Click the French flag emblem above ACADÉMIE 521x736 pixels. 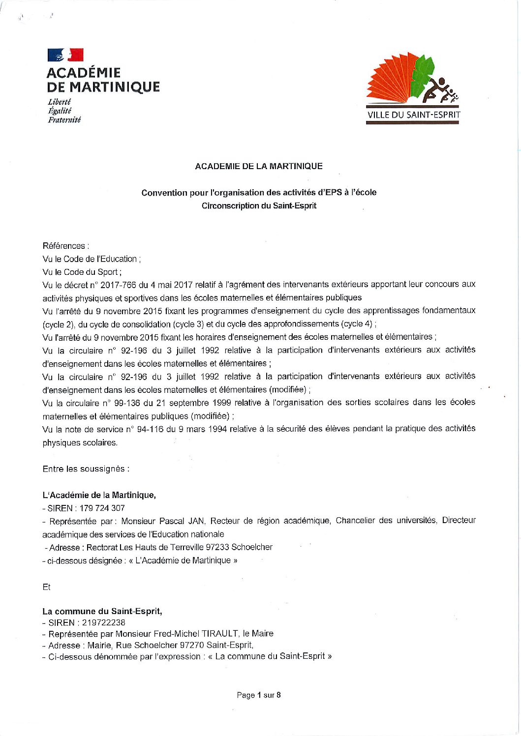[x=65, y=55]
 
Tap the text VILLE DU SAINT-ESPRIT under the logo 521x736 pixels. [x=413, y=116]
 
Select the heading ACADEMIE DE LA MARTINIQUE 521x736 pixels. [x=259, y=166]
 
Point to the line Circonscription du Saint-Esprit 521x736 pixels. [x=259, y=206]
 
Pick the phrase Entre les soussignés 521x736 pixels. [x=86, y=469]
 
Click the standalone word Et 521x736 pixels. [x=47, y=587]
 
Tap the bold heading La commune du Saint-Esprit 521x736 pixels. [x=102, y=612]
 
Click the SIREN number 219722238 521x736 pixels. [x=103, y=622]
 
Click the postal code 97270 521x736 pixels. [x=192, y=645]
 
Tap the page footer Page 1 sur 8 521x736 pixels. [x=259, y=695]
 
